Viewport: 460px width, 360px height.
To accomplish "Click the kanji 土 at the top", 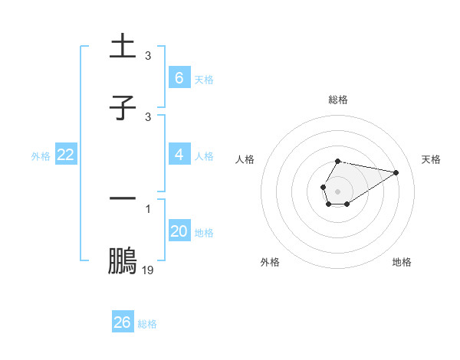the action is tap(123, 47).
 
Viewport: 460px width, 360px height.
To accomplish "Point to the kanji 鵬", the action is tap(123, 260).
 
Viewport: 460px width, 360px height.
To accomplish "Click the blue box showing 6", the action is tap(179, 77).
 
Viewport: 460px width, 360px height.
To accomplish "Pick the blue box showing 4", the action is tap(179, 155).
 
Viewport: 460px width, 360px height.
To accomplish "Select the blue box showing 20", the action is tap(179, 231).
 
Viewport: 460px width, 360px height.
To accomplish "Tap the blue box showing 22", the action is tap(66, 155).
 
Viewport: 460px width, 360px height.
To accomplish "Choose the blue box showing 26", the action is tap(123, 322).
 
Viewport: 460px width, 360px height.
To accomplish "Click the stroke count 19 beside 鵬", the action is tap(147, 270).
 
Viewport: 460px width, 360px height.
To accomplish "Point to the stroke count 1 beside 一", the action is tap(147, 208).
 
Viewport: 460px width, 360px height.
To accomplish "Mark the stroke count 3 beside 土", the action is tap(147, 56).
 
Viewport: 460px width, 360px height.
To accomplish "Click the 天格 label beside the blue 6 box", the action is tap(204, 79).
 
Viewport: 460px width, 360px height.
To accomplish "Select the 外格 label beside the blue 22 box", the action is tap(41, 156).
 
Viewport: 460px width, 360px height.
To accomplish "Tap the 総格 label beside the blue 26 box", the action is tap(147, 323).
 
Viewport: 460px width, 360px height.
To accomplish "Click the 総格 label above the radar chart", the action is tap(337, 100).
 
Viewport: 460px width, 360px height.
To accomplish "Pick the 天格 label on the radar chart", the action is tap(432, 159).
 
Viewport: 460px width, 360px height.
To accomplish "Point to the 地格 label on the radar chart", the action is tap(402, 262).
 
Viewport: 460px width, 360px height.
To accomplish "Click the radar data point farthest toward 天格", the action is tap(396, 172).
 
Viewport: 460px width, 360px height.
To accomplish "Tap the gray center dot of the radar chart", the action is tap(337, 190).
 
